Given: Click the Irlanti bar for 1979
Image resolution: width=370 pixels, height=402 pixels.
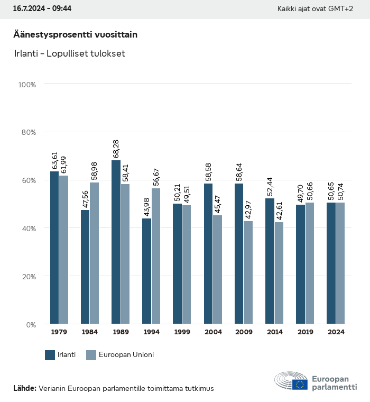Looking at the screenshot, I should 54,248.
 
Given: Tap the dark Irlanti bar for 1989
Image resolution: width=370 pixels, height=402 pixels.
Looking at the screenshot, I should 116,242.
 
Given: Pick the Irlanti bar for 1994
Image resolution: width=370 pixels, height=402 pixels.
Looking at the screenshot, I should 146,271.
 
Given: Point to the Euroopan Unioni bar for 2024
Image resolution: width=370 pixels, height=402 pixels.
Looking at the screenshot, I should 340,263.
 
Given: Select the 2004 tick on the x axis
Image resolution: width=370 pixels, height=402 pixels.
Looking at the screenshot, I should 213,332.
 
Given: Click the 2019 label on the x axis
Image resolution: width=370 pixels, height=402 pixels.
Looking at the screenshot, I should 305,332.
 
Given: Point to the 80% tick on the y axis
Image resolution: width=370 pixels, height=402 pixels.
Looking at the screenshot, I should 27,132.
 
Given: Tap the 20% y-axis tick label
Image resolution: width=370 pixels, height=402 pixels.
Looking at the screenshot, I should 27,276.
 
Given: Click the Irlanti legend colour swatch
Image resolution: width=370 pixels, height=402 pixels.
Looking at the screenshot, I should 50,355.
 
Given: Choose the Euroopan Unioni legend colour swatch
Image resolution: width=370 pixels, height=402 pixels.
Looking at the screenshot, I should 91,355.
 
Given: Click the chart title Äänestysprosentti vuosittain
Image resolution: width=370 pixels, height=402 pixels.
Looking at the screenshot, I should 75,34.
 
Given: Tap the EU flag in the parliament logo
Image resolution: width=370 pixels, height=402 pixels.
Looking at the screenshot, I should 300,385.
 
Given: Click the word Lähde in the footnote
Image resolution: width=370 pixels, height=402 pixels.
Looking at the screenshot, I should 24,388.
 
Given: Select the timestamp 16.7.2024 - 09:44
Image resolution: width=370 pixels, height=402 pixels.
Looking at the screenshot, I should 42,9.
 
